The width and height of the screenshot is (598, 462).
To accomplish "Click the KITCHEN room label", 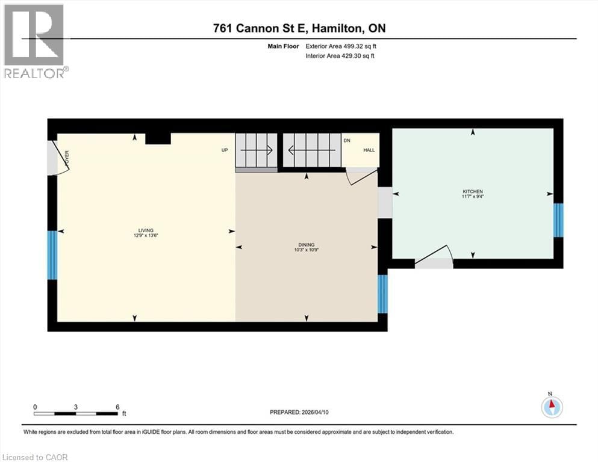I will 473,191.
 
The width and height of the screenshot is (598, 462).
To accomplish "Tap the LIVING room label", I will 145,230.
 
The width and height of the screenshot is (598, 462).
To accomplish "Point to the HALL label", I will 369,150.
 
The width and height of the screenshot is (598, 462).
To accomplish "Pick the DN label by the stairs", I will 347,140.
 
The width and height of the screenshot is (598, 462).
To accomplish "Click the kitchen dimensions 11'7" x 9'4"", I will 473,197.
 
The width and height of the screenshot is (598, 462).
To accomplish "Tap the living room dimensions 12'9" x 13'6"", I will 145,235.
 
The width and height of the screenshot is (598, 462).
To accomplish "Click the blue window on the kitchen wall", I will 558,220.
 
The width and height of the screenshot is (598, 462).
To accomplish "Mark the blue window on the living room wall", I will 52,254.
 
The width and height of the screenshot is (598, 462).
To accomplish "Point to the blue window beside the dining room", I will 382,294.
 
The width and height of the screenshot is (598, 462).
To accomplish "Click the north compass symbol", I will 551,407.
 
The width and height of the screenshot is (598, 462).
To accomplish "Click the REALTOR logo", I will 35,41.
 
